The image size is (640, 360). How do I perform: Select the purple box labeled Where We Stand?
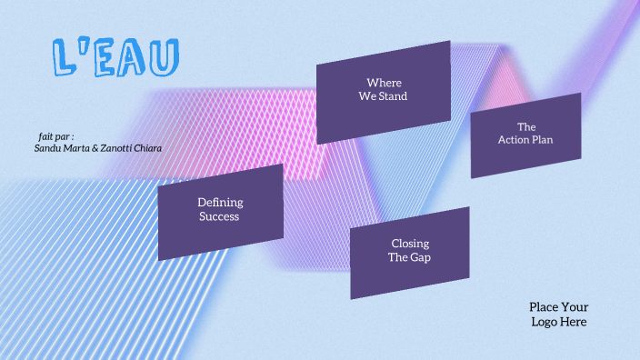pos(383,91)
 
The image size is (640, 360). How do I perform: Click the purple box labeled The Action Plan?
pos(525,135)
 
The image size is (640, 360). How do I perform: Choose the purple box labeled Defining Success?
pos(220,211)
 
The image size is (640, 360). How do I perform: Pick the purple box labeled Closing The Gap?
pos(410,252)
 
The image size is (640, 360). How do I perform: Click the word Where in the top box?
pos(384,83)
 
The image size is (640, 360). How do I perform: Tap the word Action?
pos(515,140)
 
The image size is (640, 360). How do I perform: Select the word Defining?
pos(220,203)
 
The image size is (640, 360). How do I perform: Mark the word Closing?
pos(410,244)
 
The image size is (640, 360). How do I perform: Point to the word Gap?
pos(421,257)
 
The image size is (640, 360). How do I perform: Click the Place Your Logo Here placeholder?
pos(558,315)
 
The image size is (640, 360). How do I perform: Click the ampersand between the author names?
pos(96,147)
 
